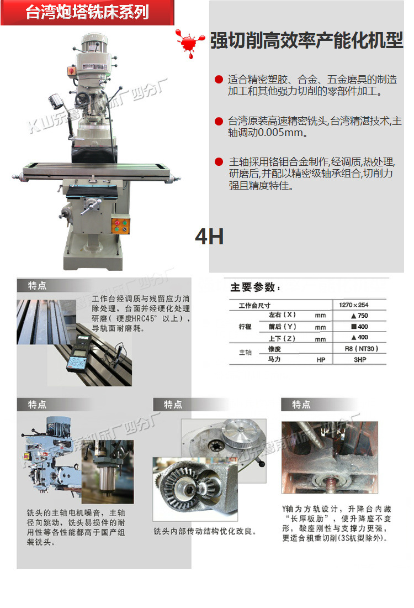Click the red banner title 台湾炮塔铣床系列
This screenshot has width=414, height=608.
[x=87, y=12]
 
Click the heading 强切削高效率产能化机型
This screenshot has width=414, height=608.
[x=306, y=41]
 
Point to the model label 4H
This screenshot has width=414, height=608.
[x=209, y=237]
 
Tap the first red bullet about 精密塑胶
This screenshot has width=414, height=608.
[x=219, y=80]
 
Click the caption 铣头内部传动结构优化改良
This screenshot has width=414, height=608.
[x=205, y=531]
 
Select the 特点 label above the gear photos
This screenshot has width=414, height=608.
[x=173, y=405]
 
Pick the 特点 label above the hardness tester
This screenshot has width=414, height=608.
[x=38, y=286]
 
